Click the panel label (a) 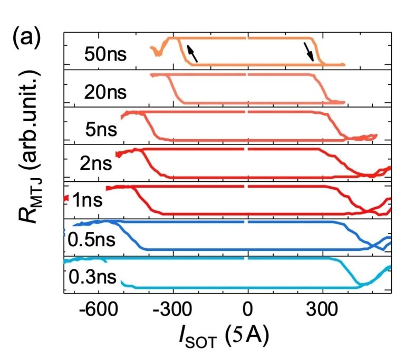[26, 38]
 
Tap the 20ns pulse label [105, 92]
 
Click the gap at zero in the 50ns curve [246, 38]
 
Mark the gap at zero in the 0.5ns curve [246, 222]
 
